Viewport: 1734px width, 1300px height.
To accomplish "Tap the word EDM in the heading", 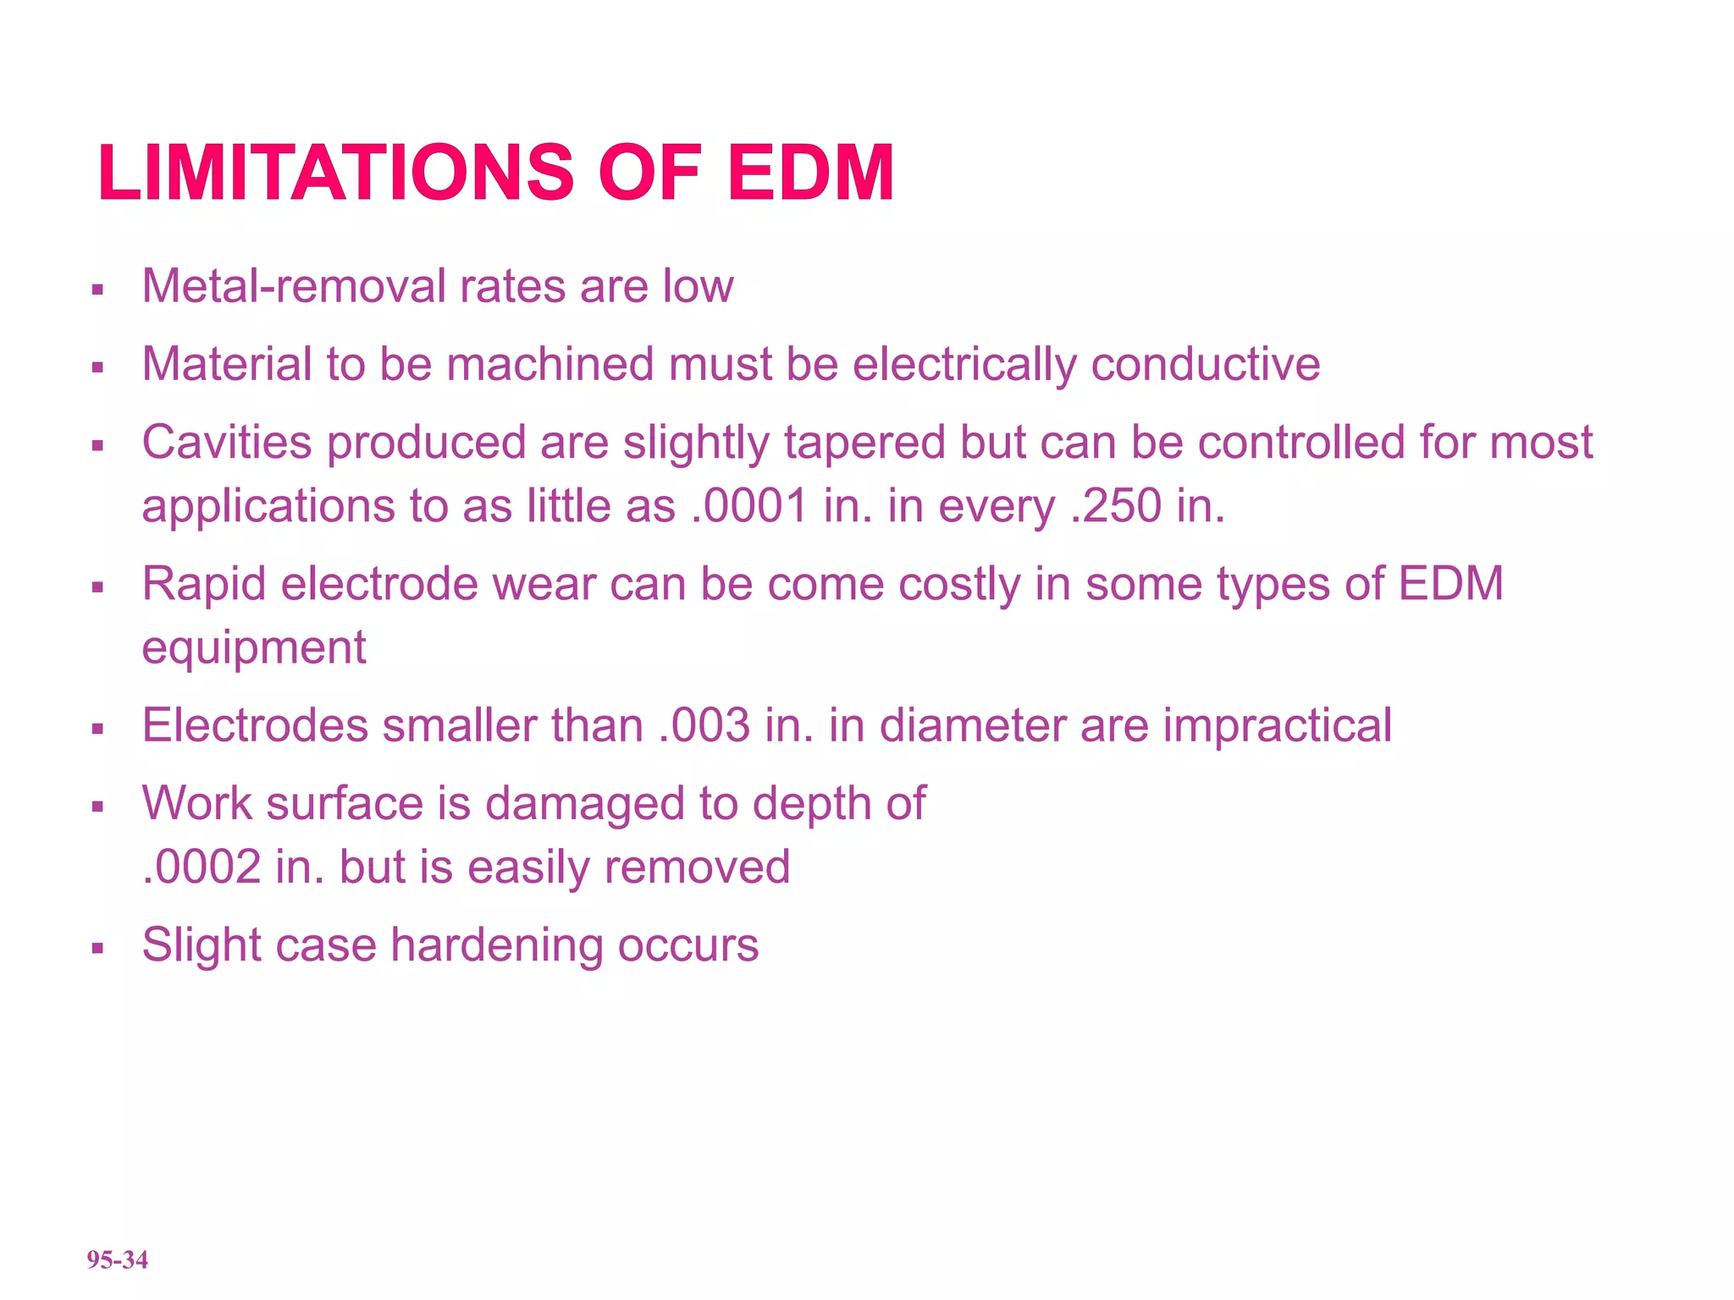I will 810,174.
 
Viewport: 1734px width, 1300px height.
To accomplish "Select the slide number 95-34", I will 117,1259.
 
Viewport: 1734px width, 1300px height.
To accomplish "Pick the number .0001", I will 749,506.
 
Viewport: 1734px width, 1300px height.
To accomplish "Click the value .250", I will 1116,506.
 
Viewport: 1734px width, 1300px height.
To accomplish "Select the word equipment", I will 253,648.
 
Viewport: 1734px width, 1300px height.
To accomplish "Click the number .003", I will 704,725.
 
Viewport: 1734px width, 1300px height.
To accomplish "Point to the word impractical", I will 1277,725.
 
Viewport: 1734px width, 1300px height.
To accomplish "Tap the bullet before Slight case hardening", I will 97,948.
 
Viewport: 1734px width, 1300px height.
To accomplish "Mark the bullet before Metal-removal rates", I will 97,289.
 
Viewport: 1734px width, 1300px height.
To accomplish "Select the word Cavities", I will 227,443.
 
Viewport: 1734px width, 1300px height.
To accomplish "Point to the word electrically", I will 964,365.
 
